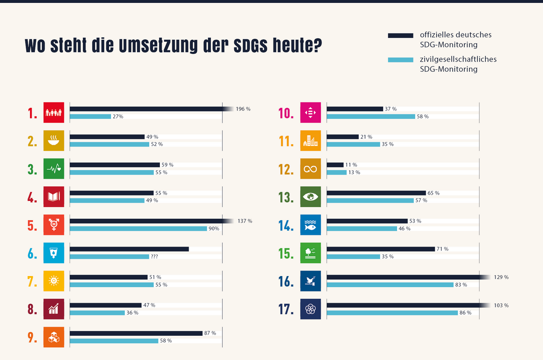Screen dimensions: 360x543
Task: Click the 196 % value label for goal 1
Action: click(x=243, y=109)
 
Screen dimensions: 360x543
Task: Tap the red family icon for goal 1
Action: click(x=54, y=113)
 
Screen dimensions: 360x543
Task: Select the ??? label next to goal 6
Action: click(x=155, y=257)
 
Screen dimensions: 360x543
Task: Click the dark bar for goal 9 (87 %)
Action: click(x=136, y=333)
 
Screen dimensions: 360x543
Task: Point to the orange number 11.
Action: click(x=286, y=142)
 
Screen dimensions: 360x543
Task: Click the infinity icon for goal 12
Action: click(x=310, y=169)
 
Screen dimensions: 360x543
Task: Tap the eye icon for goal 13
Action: click(x=310, y=197)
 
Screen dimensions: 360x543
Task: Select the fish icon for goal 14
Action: click(x=310, y=225)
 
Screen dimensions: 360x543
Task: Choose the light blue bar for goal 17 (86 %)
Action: click(x=392, y=313)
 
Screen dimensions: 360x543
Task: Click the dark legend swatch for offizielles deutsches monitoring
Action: click(x=400, y=35)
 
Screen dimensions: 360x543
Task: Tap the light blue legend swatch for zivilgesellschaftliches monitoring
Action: click(x=400, y=60)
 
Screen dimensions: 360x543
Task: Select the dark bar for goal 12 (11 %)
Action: click(x=335, y=165)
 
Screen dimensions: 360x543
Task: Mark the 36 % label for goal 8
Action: click(x=132, y=313)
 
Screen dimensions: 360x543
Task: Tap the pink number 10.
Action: click(x=286, y=114)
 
